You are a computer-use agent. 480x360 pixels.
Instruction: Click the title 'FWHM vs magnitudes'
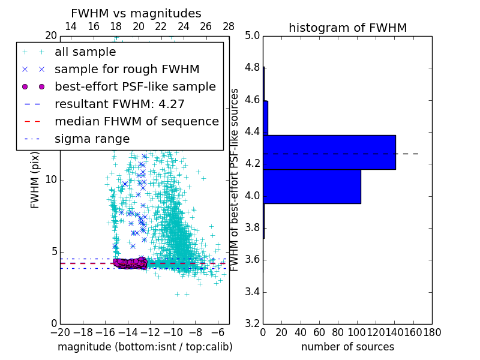pos(136,13)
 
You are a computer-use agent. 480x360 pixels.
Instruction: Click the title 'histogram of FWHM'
pos(347,28)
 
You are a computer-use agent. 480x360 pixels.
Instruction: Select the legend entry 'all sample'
pos(85,52)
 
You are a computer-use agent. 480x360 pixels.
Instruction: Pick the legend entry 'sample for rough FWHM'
pos(127,70)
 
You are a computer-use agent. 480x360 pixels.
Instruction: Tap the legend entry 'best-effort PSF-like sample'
pos(135,87)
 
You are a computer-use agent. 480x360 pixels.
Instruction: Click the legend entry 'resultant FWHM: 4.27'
pos(119,104)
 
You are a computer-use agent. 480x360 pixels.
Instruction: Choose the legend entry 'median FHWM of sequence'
pos(136,122)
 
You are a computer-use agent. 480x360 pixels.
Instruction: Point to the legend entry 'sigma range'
pos(92,139)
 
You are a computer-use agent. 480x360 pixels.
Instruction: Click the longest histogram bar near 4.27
pos(329,152)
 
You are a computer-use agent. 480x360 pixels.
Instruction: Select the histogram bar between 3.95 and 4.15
pos(312,187)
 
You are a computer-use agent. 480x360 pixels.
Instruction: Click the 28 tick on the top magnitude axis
pos(229,26)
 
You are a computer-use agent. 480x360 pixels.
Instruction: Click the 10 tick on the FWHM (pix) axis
pos(52,180)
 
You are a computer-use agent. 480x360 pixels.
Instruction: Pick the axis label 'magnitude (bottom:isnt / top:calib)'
pos(145,347)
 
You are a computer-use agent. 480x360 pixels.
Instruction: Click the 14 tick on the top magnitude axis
pos(70,26)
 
